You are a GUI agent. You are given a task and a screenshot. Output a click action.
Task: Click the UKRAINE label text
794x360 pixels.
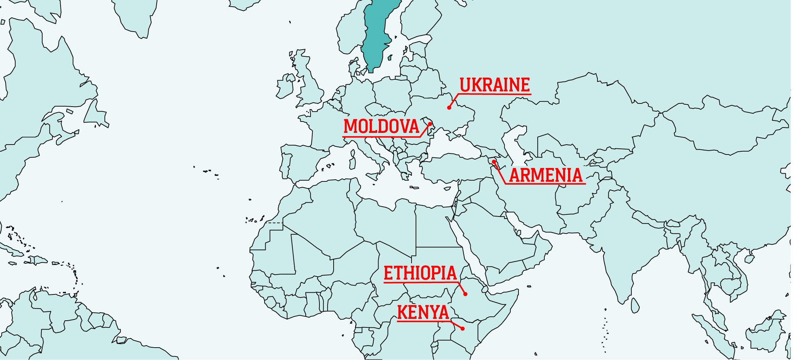click(495, 85)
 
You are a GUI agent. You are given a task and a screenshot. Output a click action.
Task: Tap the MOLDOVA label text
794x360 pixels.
click(381, 126)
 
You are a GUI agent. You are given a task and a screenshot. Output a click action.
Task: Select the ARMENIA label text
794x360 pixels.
click(546, 175)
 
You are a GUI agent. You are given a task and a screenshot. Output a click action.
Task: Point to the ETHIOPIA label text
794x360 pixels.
click(420, 273)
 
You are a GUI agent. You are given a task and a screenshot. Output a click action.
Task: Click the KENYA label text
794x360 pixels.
click(423, 313)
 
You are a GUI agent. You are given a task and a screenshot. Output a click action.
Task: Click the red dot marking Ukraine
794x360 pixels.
click(449, 108)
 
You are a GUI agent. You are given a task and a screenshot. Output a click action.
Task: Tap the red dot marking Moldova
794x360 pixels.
click(430, 124)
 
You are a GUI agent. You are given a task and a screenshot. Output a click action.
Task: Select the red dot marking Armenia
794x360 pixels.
click(494, 162)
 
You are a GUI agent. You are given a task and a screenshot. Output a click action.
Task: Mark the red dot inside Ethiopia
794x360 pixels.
click(465, 294)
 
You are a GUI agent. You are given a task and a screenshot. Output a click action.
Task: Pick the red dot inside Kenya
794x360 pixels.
click(463, 329)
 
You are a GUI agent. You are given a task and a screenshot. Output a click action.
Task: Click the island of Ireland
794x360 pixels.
click(285, 87)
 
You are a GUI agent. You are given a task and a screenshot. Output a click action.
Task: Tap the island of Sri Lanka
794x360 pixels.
click(635, 305)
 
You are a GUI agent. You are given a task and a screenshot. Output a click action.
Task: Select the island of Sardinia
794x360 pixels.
click(352, 163)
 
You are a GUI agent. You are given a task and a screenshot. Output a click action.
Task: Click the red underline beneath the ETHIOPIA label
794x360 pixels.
click(420, 282)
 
